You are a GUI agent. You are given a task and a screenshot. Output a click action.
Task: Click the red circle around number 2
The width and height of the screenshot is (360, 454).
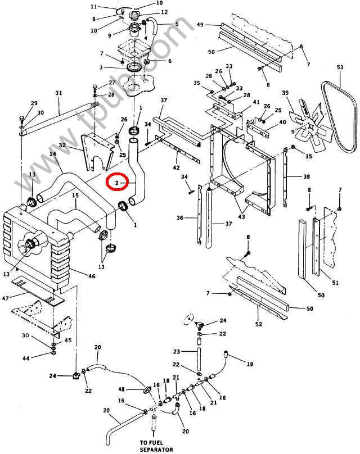[119, 183]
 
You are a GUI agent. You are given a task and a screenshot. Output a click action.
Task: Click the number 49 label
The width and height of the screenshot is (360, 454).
[200, 25]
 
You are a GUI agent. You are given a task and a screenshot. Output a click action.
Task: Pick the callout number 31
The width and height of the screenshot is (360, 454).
[58, 93]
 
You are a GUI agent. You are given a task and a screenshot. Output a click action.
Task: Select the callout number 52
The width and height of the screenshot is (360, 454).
[258, 324]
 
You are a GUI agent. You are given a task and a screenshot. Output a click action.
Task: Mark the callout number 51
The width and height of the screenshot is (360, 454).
[335, 282]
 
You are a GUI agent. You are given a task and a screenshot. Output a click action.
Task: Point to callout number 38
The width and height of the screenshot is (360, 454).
[307, 176]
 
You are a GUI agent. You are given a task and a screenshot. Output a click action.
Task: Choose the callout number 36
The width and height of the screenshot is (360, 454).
[180, 218]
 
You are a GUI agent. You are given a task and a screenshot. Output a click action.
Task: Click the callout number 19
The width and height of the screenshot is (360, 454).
[250, 364]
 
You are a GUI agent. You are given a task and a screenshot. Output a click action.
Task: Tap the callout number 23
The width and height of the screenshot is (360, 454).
[177, 351]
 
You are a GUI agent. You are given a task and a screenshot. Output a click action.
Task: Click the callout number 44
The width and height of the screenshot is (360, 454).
[25, 357]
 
